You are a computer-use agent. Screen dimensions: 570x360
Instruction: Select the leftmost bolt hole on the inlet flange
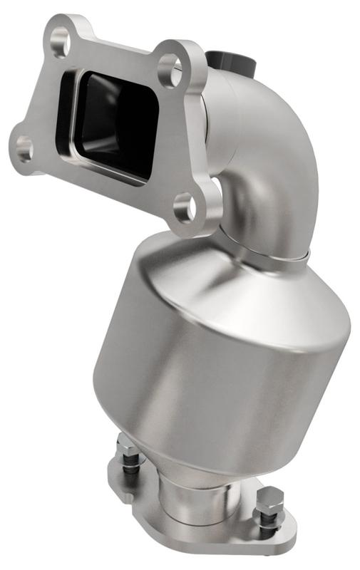point(24,149)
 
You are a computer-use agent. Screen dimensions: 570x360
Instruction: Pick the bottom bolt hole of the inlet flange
point(185,207)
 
